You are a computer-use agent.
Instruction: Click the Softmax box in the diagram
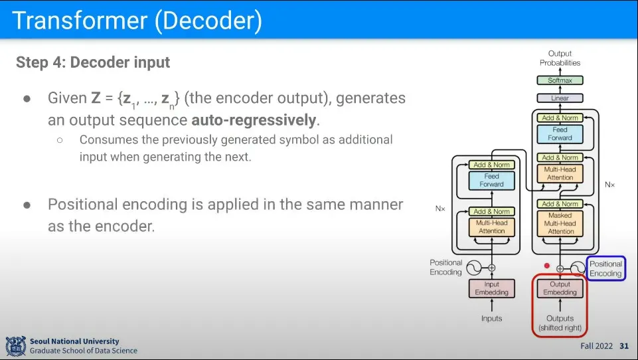click(x=560, y=80)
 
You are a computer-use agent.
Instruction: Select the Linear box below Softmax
click(x=560, y=98)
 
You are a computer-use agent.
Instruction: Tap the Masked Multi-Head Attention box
click(x=560, y=223)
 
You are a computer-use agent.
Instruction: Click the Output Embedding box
click(x=560, y=288)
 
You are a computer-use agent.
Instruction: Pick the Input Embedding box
click(x=491, y=288)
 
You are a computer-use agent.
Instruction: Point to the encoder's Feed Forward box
click(x=491, y=180)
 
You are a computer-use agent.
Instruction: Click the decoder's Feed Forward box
click(x=560, y=134)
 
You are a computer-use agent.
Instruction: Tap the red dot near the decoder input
click(x=547, y=266)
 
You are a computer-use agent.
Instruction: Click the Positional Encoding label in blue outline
click(x=606, y=268)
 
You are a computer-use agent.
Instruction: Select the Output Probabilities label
click(x=560, y=58)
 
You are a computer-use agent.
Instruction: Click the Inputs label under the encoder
click(x=491, y=319)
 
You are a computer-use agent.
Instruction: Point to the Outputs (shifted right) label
click(x=560, y=323)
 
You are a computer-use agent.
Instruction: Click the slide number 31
click(x=623, y=346)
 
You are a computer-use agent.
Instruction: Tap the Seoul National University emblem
click(x=15, y=345)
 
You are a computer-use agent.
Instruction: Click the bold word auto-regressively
click(x=255, y=120)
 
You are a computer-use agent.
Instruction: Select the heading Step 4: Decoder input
click(x=93, y=63)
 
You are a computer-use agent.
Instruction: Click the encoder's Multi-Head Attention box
click(x=491, y=226)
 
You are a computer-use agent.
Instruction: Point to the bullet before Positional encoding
click(x=27, y=205)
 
